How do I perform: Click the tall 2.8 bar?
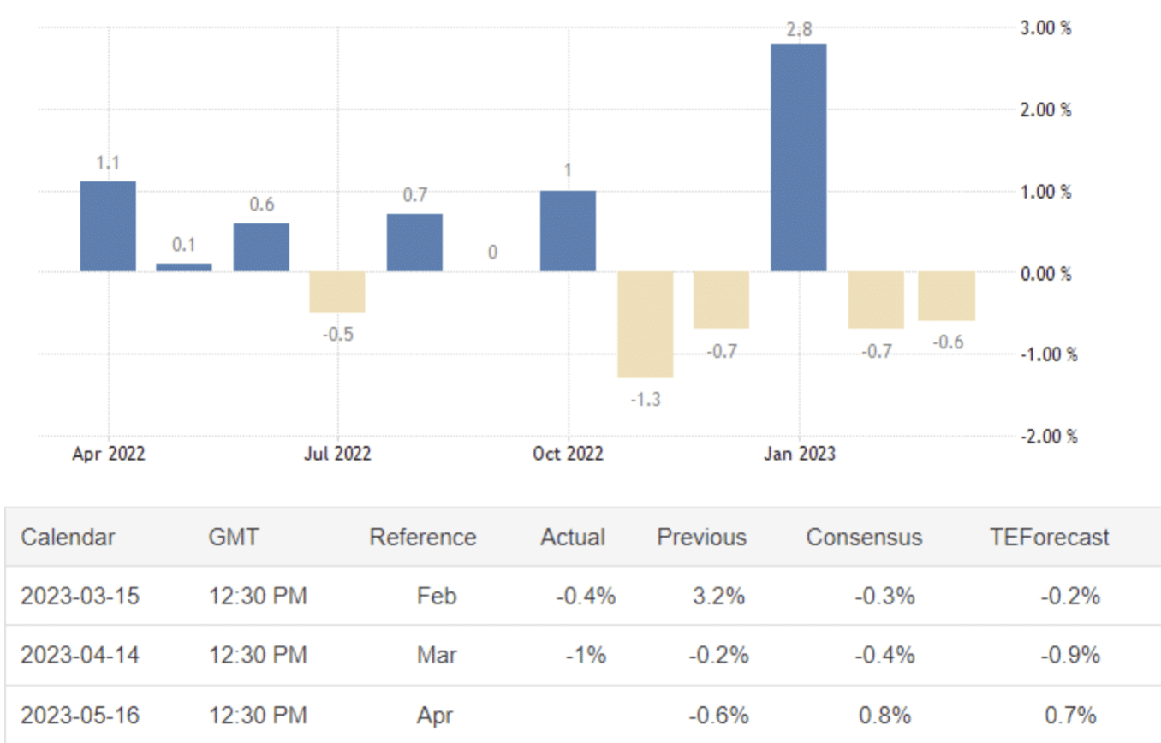coord(798,158)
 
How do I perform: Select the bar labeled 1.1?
coord(108,226)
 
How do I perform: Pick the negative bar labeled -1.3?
coord(645,324)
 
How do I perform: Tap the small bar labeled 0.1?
coord(183,267)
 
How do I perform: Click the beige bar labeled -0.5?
coord(337,292)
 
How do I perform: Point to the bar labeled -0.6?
coord(946,296)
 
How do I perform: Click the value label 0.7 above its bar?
coord(415,196)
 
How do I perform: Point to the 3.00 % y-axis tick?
coord(1045,28)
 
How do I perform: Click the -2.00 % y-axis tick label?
coord(1045,436)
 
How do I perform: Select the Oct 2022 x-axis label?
coord(568,454)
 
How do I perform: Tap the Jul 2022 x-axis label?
coord(337,454)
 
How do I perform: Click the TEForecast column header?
coord(1049,538)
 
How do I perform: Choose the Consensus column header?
coord(864,538)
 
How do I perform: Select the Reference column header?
coord(422,538)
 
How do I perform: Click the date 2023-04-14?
coord(80,656)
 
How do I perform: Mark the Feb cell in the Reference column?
coord(437,596)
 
